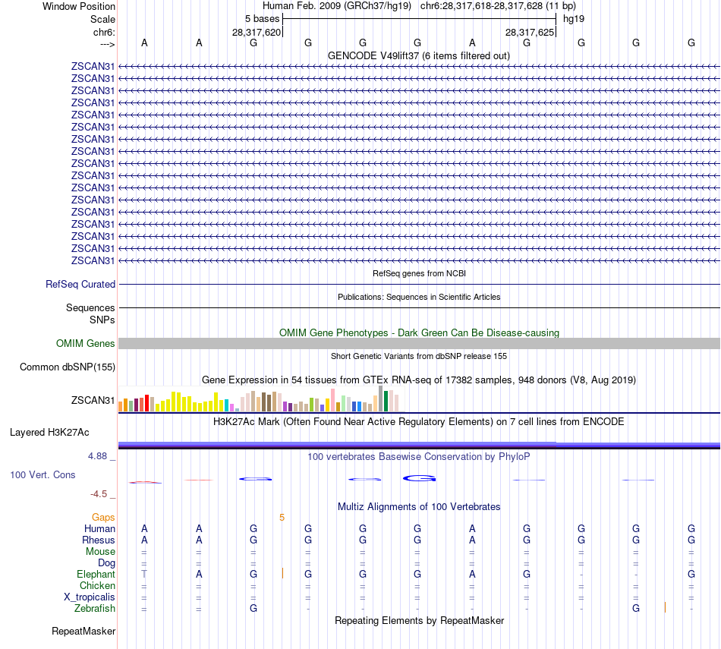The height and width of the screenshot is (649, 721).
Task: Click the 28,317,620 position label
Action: (257, 33)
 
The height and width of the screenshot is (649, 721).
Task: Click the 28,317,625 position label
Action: (530, 33)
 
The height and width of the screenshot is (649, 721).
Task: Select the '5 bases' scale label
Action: (261, 18)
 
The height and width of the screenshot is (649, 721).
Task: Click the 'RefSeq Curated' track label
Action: (80, 284)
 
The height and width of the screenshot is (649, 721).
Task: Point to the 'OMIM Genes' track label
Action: (86, 343)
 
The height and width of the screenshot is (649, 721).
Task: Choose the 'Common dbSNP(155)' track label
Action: (68, 367)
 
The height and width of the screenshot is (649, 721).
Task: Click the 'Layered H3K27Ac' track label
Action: (49, 433)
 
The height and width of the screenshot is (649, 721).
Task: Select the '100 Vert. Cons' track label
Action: (43, 474)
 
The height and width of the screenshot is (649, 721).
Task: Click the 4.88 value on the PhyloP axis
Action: (99, 456)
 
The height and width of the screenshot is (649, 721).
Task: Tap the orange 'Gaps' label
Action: (103, 517)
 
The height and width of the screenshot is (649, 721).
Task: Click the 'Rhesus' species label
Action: (99, 540)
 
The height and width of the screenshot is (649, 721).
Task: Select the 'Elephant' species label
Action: (96, 574)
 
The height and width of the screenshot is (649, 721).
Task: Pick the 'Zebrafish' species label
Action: (95, 608)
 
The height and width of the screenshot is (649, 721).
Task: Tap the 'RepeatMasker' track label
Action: (83, 631)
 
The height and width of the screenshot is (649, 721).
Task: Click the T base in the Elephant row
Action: (144, 574)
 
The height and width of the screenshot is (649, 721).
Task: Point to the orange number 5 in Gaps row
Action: (282, 517)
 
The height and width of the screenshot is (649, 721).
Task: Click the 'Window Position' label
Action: (79, 6)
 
